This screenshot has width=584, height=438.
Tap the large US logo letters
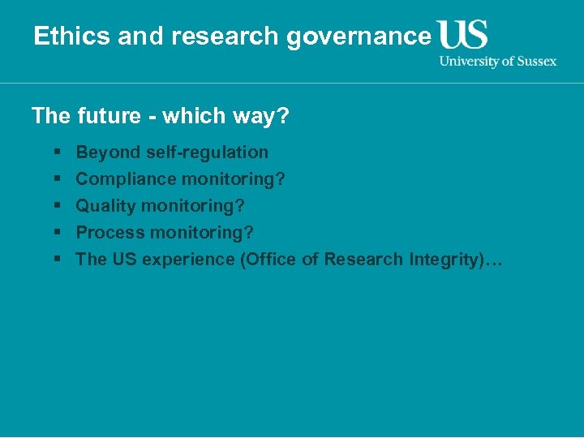pos(462,35)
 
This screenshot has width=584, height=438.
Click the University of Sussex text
pos(498,61)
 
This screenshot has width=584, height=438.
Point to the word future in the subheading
pos(109,116)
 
